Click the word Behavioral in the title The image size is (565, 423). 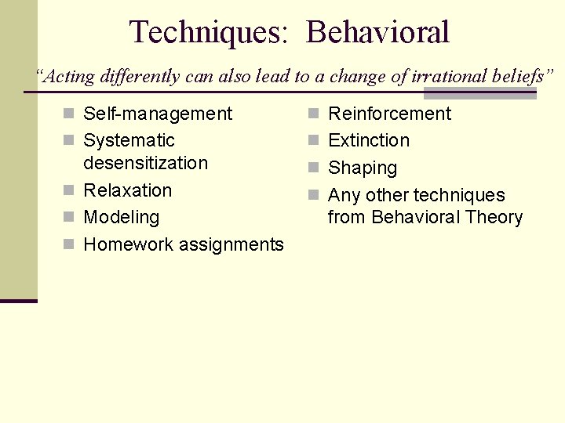tap(377, 33)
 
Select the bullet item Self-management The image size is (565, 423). tap(158, 114)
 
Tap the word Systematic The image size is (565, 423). tap(129, 140)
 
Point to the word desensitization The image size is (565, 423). tap(145, 163)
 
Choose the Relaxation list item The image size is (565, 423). tap(127, 190)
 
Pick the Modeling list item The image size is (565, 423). tap(121, 217)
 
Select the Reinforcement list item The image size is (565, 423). tap(389, 114)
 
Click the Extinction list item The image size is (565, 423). tap(369, 140)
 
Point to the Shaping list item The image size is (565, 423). tap(363, 168)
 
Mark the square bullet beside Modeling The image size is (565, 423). tap(69, 218)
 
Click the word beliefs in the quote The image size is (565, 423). tap(515, 76)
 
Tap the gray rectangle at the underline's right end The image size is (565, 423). tap(479, 93)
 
